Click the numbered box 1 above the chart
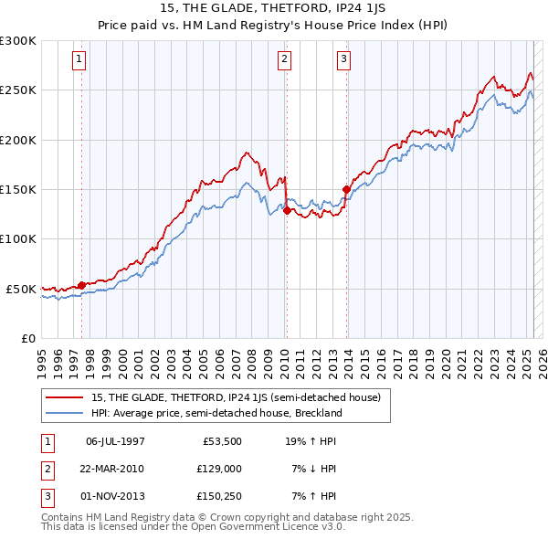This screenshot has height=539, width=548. [x=80, y=60]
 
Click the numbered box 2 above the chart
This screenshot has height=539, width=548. [x=285, y=60]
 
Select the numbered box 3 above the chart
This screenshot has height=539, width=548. [x=344, y=60]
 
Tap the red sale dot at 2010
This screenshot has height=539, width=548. [x=287, y=210]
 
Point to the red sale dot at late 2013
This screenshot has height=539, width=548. [x=346, y=189]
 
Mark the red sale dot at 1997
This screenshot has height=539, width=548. [x=81, y=285]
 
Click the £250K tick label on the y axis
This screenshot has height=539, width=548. [x=18, y=90]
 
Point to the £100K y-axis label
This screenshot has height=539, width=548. [x=18, y=238]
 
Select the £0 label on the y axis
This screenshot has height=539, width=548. [x=27, y=338]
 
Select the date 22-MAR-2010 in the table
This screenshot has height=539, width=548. [x=114, y=469]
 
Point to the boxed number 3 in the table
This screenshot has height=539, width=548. [x=45, y=497]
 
